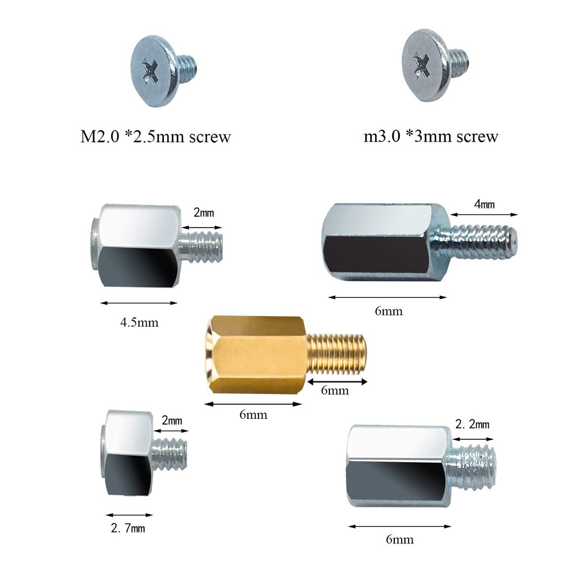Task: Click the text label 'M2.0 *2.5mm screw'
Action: tap(155, 137)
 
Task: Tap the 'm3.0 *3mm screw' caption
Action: tap(431, 137)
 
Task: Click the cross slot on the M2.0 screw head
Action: tap(150, 71)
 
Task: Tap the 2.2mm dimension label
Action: tap(472, 424)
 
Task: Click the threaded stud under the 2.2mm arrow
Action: tap(474, 469)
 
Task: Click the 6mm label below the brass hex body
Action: tap(253, 415)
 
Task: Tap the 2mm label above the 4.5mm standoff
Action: tap(203, 213)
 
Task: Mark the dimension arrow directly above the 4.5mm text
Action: tap(138, 303)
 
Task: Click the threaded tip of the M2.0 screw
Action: tap(187, 64)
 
